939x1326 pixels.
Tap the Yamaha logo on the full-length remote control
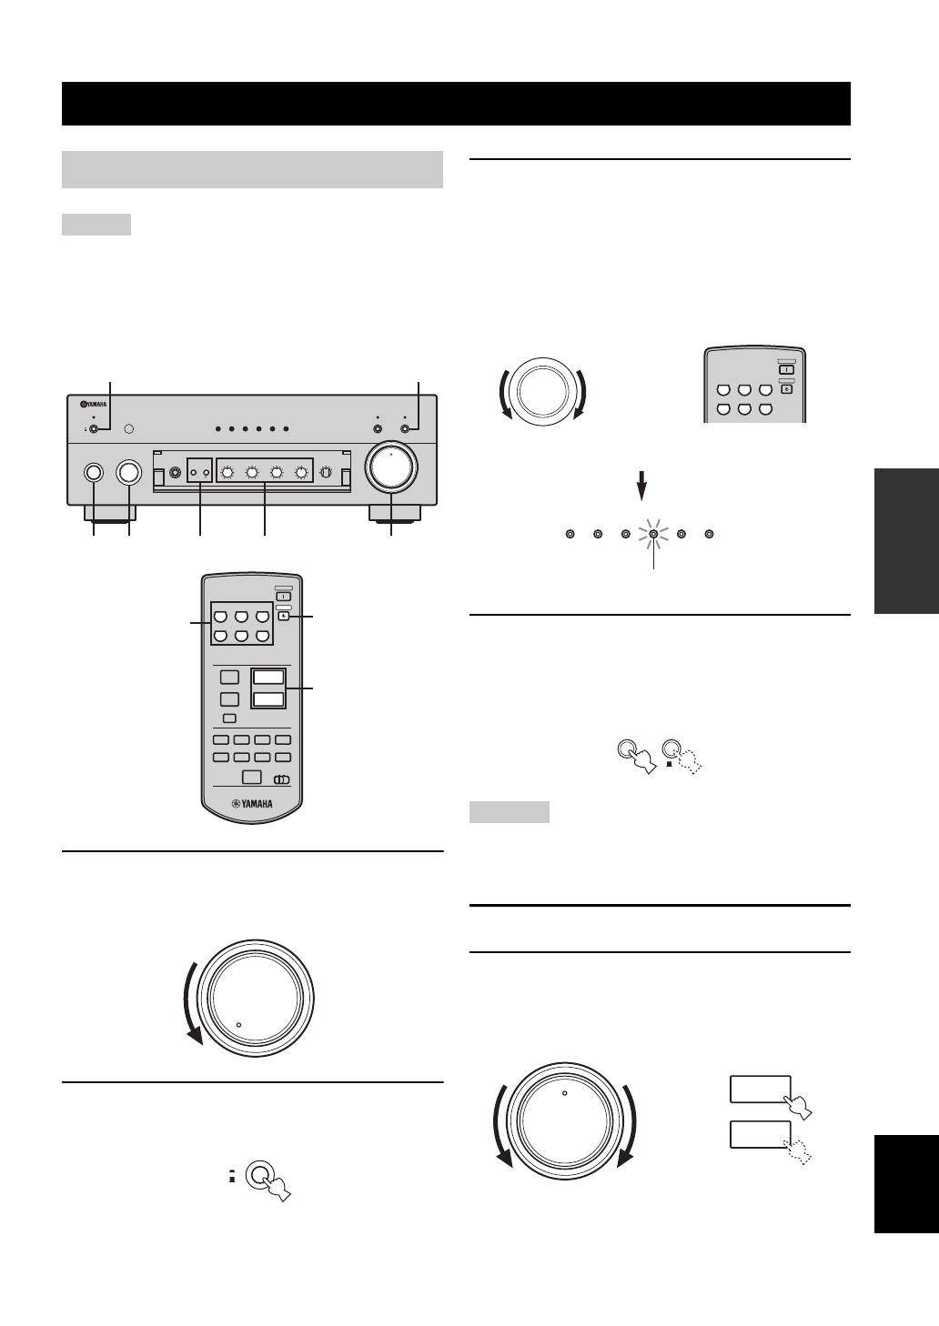253,804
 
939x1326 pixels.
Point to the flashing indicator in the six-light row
653,535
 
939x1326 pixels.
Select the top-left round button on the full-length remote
221,617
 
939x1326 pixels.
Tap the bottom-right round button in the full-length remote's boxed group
261,636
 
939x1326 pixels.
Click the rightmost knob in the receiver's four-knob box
299,472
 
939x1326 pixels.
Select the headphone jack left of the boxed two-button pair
175,472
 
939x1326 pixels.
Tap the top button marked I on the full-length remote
282,597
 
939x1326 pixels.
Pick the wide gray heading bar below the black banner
252,169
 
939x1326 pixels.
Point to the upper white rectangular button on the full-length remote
268,677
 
